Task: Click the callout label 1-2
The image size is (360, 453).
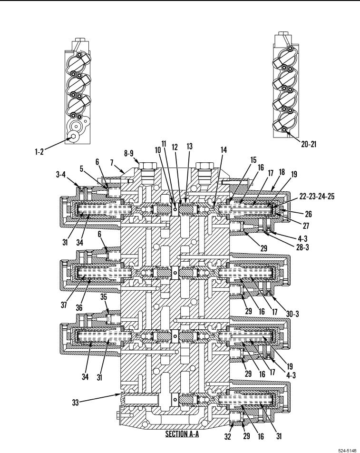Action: click(39, 152)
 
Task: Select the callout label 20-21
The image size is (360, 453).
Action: click(309, 144)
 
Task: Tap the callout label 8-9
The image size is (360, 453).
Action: click(129, 153)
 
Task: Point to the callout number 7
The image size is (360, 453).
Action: click(112, 163)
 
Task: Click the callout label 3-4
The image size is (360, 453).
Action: click(60, 174)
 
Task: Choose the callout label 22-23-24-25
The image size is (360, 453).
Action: click(317, 197)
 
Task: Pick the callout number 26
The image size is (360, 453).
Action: click(309, 214)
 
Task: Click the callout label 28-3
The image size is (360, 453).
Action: click(302, 247)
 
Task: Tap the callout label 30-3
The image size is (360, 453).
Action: click(292, 314)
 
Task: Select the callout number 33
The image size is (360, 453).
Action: click(75, 403)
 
